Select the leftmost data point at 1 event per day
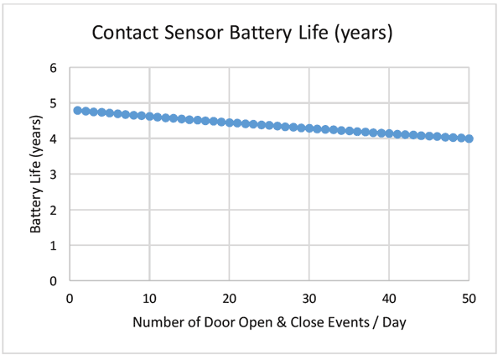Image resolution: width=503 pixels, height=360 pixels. (x=77, y=110)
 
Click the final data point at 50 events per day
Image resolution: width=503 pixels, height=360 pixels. (x=469, y=138)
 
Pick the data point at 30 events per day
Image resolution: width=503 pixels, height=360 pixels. (x=309, y=128)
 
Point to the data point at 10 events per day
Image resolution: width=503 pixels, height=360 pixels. (x=149, y=116)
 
